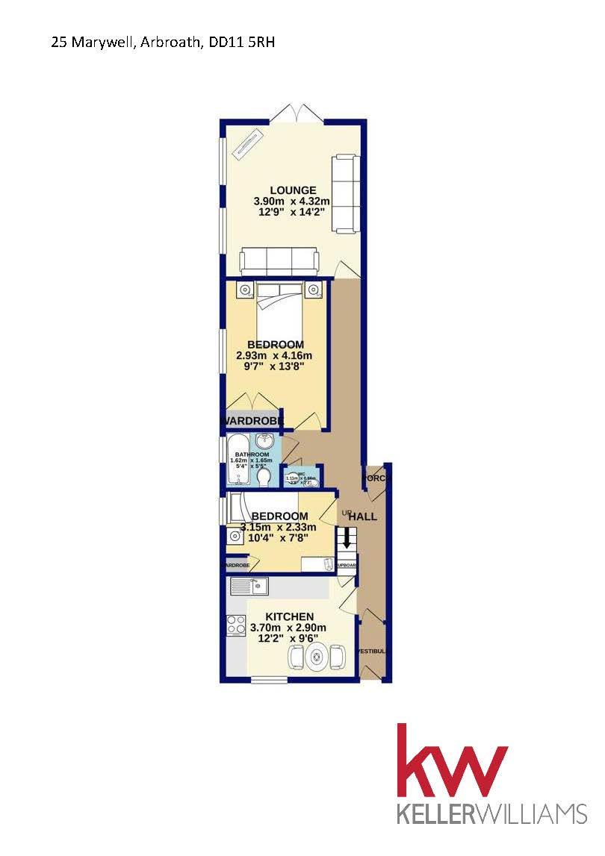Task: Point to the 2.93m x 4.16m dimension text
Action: [273, 356]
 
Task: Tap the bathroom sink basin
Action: [265, 443]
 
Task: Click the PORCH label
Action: [375, 478]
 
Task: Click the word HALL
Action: [364, 516]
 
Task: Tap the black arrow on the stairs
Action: [346, 537]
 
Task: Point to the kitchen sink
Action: [250, 587]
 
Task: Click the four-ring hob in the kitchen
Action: [237, 624]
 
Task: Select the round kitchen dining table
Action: [317, 657]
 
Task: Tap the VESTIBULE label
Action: [372, 652]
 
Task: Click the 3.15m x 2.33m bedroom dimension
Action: [279, 528]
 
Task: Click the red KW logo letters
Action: [452, 763]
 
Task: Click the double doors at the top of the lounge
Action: [297, 113]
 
